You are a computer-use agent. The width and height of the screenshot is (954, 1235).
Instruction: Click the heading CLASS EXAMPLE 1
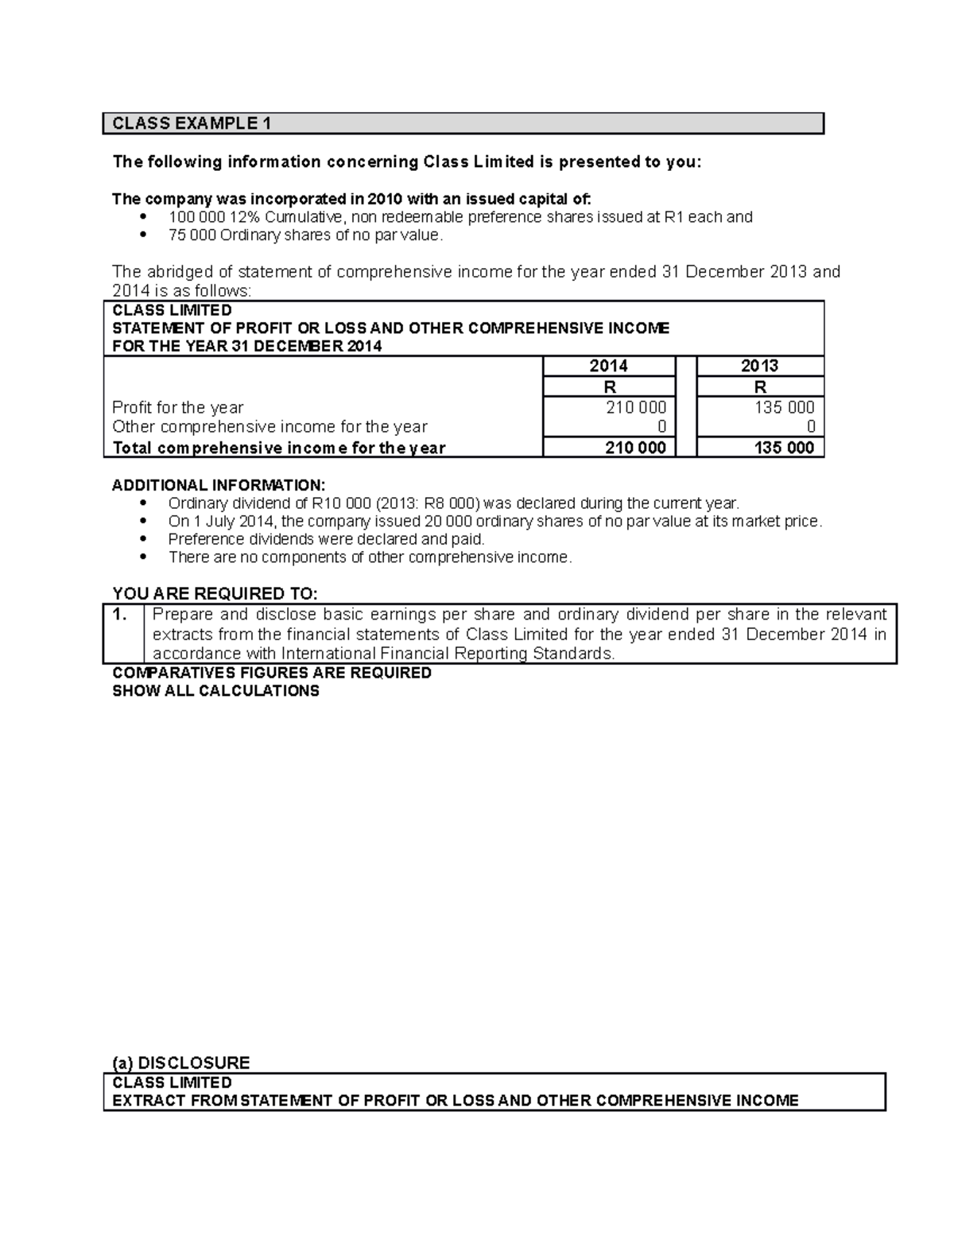coord(192,123)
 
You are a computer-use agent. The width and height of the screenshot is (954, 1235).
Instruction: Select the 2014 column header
coord(608,366)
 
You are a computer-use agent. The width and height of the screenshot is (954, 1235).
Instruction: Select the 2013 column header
coord(759,366)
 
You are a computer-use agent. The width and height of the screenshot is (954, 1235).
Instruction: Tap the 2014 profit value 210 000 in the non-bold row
coord(635,407)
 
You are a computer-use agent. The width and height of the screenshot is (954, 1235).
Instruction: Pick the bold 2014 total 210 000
coord(635,448)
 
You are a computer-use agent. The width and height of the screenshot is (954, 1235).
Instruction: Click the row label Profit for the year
coord(178,407)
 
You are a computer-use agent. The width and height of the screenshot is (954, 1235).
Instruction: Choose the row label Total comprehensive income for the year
coord(279,448)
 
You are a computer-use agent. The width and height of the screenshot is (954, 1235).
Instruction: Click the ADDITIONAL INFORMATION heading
coord(219,485)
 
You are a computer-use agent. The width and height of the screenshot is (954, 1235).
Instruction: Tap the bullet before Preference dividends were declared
coord(143,539)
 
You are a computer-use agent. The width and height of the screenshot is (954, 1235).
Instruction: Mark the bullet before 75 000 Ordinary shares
coord(143,235)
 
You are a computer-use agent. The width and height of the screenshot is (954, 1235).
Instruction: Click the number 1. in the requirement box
coord(121,615)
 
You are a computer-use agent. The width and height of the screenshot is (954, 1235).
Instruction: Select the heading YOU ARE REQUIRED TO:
coord(215,594)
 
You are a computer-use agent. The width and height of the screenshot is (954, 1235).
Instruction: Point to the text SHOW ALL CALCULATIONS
coord(215,691)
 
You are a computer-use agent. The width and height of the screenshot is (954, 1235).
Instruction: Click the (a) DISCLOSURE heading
coord(181,1063)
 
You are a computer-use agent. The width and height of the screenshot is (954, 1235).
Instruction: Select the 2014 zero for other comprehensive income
coord(661,427)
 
